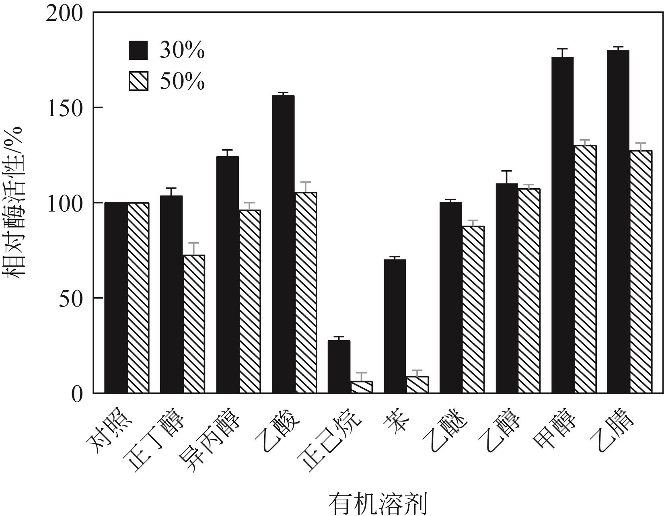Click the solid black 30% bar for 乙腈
click(x=618, y=221)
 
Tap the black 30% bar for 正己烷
click(x=339, y=366)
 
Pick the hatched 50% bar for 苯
click(x=417, y=384)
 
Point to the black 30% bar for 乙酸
click(x=283, y=244)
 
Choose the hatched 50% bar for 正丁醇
click(x=194, y=324)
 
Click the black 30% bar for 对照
click(x=116, y=298)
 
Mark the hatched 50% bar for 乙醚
click(x=473, y=309)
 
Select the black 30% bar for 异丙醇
click(x=227, y=274)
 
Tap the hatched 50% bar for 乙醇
click(x=529, y=290)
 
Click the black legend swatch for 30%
click(x=138, y=50)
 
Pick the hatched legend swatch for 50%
click(x=138, y=81)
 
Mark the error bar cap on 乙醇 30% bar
click(x=506, y=171)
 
